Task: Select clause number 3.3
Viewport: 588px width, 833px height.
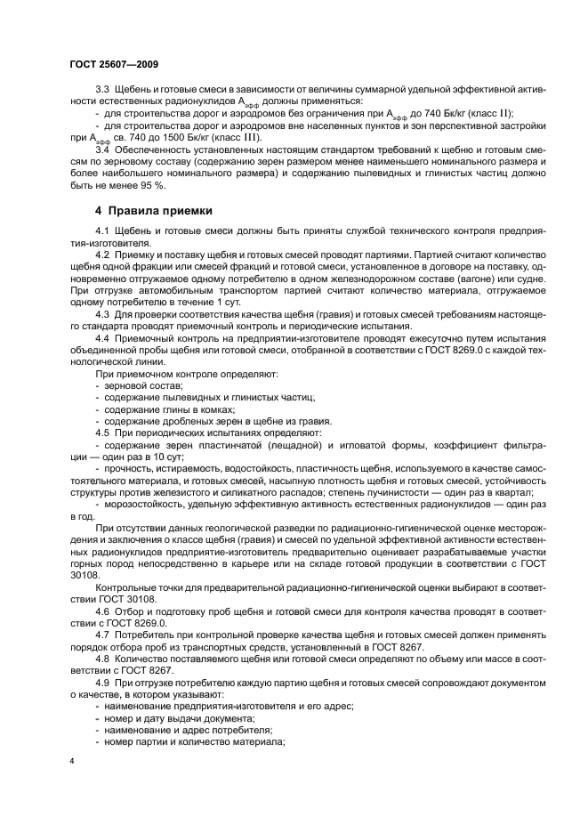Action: pyautogui.click(x=101, y=92)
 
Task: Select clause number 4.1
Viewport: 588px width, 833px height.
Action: pyautogui.click(x=101, y=232)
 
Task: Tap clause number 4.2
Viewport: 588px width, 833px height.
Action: pyautogui.click(x=101, y=255)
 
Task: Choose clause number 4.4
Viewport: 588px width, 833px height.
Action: pyautogui.click(x=101, y=338)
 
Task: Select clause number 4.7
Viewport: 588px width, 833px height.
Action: pyautogui.click(x=101, y=635)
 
